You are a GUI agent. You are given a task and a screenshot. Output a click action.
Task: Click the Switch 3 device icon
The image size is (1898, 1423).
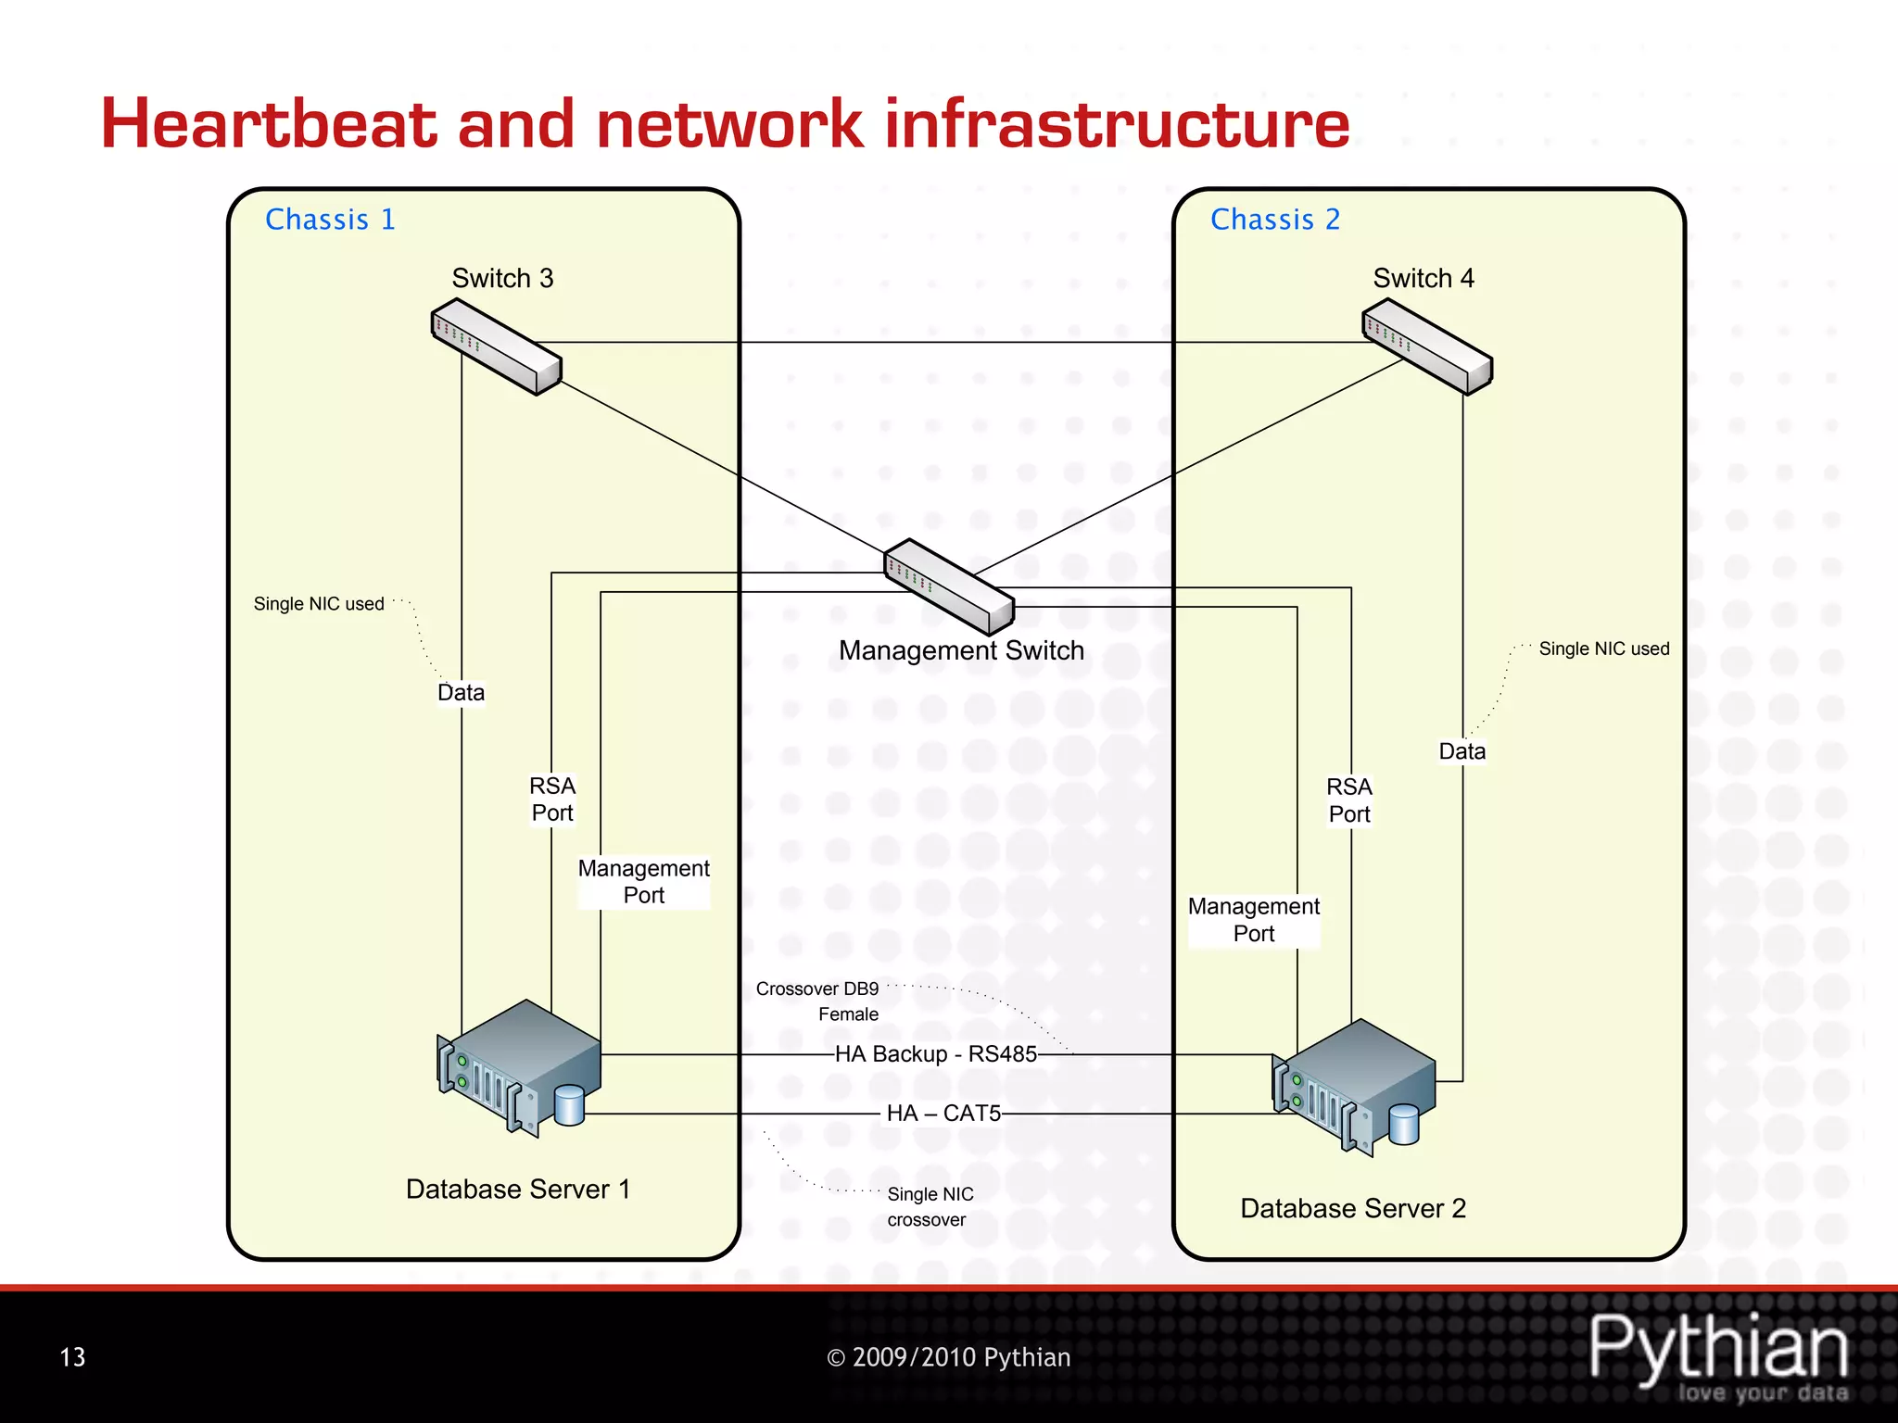(x=497, y=346)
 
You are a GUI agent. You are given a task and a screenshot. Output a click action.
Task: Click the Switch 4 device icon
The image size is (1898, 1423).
(x=1427, y=351)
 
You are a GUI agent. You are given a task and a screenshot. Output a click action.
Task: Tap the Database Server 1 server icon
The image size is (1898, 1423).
(x=520, y=1065)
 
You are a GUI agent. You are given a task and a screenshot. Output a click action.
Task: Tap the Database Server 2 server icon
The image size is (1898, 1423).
(x=1354, y=1086)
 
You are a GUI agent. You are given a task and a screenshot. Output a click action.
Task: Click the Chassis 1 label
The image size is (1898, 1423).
(x=330, y=220)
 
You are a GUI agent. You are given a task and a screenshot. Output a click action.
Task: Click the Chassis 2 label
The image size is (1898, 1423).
(x=1275, y=220)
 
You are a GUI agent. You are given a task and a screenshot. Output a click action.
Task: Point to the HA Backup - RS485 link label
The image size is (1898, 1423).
(x=936, y=1054)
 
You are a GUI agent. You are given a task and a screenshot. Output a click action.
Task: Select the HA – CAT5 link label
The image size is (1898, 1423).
(x=943, y=1114)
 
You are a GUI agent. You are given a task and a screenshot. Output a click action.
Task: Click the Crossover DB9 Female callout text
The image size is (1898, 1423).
(x=817, y=1001)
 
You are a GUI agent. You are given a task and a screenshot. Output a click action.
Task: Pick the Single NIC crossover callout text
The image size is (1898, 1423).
(x=930, y=1206)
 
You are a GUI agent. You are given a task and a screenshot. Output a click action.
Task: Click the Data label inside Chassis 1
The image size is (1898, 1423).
(x=461, y=693)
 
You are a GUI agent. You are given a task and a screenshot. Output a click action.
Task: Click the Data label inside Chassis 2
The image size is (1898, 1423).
(x=1461, y=751)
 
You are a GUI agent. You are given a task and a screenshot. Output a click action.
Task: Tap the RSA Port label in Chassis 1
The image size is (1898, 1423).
(x=552, y=800)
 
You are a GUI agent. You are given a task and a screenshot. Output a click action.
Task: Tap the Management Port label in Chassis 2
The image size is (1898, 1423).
(x=1254, y=920)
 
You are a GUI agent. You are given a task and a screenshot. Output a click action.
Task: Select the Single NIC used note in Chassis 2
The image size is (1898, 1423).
(x=1603, y=649)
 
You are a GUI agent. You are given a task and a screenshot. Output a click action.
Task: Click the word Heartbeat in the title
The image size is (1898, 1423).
(x=269, y=124)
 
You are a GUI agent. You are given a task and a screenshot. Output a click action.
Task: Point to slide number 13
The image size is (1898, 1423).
(x=72, y=1357)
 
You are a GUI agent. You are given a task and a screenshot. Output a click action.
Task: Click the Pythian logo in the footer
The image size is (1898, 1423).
(x=1719, y=1354)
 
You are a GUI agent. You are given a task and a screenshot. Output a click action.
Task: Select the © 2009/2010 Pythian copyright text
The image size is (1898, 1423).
(x=948, y=1357)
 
